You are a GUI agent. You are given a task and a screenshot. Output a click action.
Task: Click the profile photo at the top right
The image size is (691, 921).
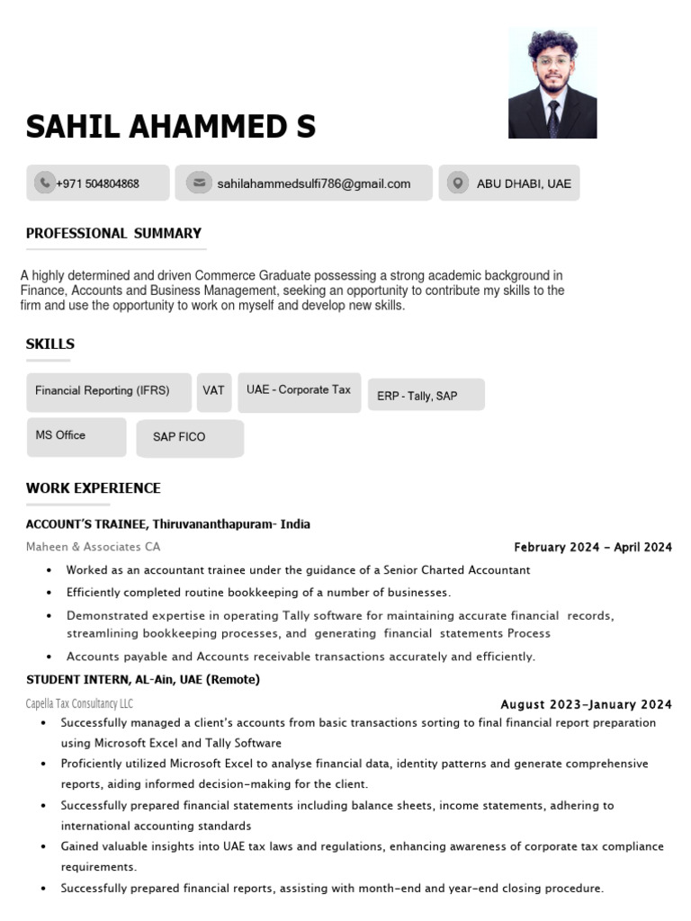click(552, 83)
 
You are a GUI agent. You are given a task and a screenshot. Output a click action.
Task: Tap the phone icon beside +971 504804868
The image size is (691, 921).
click(44, 183)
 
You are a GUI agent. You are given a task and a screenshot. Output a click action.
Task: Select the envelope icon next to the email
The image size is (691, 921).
click(198, 183)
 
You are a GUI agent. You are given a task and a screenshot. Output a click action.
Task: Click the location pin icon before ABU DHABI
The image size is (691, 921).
click(458, 183)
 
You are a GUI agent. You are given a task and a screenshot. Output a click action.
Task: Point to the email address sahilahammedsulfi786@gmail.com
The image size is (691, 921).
click(313, 183)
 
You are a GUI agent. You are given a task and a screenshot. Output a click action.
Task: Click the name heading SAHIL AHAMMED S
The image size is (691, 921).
click(171, 127)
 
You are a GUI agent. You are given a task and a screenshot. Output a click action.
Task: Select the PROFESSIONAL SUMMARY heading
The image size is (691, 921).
click(113, 233)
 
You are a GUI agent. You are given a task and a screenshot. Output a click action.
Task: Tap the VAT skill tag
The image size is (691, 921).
click(213, 390)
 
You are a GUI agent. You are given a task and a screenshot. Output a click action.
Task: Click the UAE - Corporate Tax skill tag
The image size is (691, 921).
click(299, 389)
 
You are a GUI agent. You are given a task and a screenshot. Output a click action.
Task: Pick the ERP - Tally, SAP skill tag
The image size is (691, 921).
click(417, 396)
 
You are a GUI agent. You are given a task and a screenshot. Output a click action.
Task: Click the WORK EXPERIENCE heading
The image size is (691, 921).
click(94, 488)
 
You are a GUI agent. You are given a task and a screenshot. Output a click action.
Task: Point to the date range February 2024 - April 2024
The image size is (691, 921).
click(592, 547)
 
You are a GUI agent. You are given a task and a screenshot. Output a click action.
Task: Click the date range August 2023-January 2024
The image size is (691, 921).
click(586, 704)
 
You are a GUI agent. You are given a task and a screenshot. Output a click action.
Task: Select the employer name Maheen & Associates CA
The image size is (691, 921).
click(94, 547)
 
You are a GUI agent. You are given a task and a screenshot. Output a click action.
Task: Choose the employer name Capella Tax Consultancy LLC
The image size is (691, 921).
click(79, 703)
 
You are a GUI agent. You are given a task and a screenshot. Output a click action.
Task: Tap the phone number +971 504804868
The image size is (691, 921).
click(97, 183)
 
